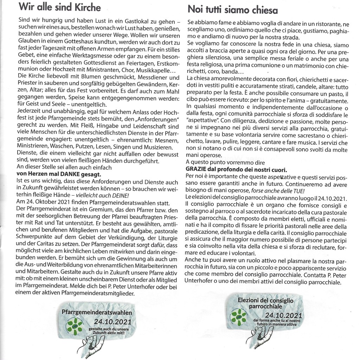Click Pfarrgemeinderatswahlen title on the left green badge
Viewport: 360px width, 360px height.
[97, 312]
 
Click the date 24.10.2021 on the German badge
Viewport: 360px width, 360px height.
[112, 321]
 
